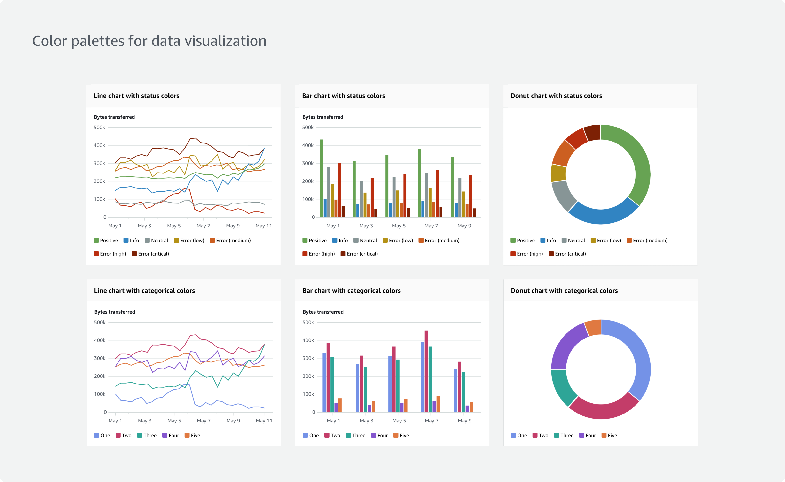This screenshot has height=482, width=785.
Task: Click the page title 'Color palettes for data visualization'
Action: [149, 41]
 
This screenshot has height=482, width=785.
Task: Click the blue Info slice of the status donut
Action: [603, 215]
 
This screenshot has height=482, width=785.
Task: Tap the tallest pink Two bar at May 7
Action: [426, 371]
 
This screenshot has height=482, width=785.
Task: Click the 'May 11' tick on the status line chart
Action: [264, 226]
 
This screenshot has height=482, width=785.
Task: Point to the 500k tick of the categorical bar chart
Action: [308, 322]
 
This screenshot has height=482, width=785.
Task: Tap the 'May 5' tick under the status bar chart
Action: [399, 226]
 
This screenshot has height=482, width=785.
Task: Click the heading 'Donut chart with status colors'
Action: [556, 96]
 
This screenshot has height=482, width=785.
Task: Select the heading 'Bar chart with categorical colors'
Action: [351, 290]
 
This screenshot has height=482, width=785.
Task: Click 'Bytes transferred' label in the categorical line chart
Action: [115, 312]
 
